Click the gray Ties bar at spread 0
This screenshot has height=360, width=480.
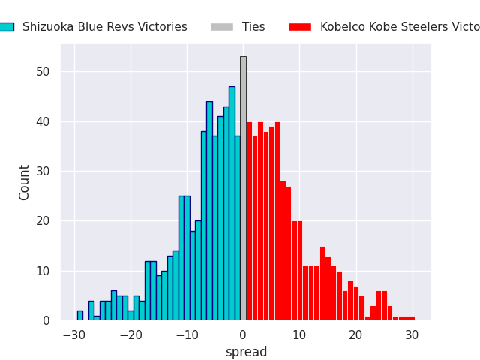pos(243,187)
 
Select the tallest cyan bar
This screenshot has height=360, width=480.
pos(232,202)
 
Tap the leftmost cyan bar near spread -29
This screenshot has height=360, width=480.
pos(79,315)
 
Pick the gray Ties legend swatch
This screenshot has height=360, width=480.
pos(222,27)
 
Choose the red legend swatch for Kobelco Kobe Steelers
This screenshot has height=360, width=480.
pos(300,27)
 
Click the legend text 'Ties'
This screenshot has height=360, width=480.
pos(253,27)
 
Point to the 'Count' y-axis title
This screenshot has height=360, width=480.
pos(25,182)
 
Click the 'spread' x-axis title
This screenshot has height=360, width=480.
pos(246,352)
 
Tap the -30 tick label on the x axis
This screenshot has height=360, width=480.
pos(74,334)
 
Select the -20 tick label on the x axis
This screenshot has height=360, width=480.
pos(130,334)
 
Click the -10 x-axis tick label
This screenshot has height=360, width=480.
pos(187,334)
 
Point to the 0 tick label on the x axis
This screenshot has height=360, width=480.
pos(243,334)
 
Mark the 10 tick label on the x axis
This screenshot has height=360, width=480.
pos(299,334)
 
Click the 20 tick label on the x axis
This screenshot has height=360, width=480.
pos(355,334)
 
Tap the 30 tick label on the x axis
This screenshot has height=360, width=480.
pos(412,334)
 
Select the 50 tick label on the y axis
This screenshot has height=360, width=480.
pos(44,72)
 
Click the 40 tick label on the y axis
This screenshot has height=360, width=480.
pos(44,121)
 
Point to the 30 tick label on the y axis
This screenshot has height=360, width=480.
pos(44,171)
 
